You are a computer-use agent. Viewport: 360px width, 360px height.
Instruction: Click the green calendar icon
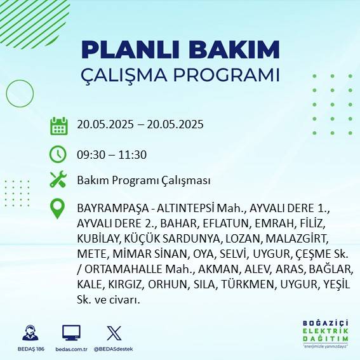58,125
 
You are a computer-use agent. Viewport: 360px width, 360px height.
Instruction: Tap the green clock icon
58,154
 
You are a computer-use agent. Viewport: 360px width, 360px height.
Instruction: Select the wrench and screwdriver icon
58,180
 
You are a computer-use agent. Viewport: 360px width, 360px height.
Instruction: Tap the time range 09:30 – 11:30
112,154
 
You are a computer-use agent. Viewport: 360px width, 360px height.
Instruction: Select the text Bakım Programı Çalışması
143,181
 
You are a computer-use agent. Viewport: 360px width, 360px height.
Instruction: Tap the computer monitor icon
70,333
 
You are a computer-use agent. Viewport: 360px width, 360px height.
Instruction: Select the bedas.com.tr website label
70,349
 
